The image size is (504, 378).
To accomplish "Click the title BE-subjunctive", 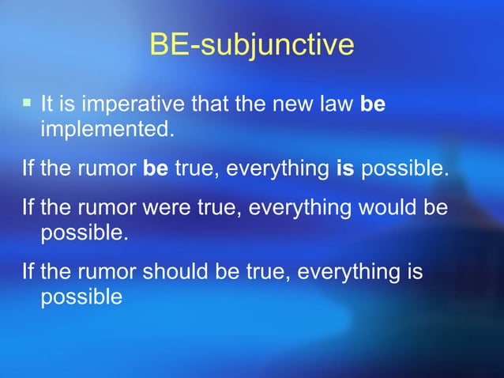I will point(251,45).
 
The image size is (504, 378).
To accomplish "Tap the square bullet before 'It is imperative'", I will point(27,103).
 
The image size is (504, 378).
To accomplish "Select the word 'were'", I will point(165,210).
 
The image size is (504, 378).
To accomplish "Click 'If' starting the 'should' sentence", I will point(28,273).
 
